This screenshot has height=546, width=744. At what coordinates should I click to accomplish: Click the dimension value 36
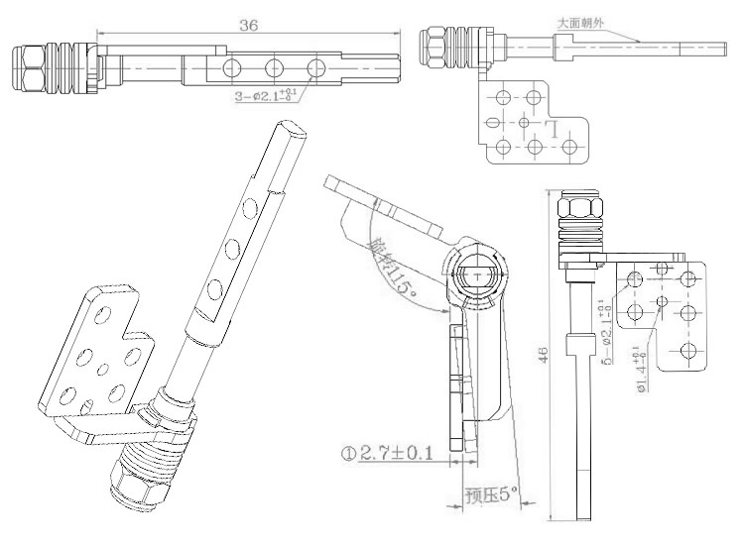tap(249, 27)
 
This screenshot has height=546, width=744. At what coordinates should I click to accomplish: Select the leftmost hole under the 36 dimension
tap(231, 67)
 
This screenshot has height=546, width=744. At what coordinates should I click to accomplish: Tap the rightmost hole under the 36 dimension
tap(316, 67)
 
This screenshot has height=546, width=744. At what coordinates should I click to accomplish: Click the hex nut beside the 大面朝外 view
tap(433, 42)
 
